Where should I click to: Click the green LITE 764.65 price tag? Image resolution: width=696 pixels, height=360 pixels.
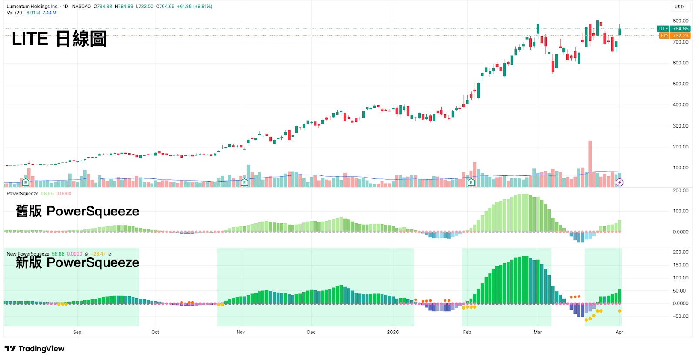pyautogui.click(x=674, y=29)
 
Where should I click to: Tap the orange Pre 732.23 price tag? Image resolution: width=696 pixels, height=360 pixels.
pyautogui.click(x=675, y=35)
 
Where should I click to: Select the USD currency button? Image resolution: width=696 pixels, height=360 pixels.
pyautogui.click(x=679, y=7)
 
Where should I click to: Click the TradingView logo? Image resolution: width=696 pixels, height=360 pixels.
pyautogui.click(x=34, y=349)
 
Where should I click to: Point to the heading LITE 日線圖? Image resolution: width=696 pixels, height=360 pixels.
pyautogui.click(x=59, y=39)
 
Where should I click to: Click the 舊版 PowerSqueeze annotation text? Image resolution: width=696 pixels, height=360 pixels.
pyautogui.click(x=77, y=211)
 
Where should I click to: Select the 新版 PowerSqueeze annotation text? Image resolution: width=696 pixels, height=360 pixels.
pyautogui.click(x=77, y=262)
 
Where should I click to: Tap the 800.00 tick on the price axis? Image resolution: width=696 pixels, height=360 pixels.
pyautogui.click(x=680, y=21)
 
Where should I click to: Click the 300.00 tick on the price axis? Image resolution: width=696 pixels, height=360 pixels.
pyautogui.click(x=680, y=126)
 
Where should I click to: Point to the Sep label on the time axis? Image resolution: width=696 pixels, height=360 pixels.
pyautogui.click(x=77, y=332)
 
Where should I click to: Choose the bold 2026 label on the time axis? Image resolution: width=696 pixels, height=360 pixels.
pyautogui.click(x=393, y=332)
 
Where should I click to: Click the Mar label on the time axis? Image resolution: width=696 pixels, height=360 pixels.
pyautogui.click(x=538, y=332)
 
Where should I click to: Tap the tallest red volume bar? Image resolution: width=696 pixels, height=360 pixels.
pyautogui.click(x=590, y=164)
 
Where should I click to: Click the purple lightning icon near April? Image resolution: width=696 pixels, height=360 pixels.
pyautogui.click(x=619, y=182)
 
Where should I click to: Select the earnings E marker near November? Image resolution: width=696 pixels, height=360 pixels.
pyautogui.click(x=244, y=182)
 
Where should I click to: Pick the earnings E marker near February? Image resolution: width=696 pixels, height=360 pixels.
pyautogui.click(x=472, y=182)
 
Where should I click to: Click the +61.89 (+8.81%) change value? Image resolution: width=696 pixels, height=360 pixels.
pyautogui.click(x=194, y=6)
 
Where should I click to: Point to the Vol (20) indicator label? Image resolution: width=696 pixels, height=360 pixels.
pyautogui.click(x=15, y=13)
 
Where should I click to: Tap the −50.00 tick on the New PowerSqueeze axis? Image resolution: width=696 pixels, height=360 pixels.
pyautogui.click(x=680, y=316)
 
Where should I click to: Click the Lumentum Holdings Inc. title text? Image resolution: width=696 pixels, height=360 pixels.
pyautogui.click(x=33, y=6)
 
